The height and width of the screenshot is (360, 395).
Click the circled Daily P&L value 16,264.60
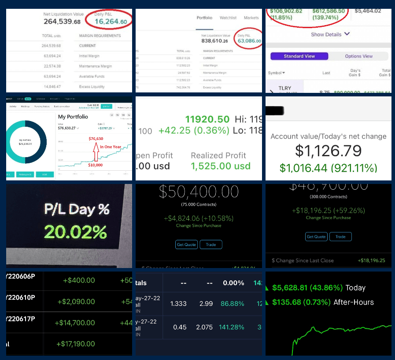pyautogui.click(x=111, y=22)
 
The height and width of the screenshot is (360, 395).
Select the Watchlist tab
pyautogui.click(x=228, y=18)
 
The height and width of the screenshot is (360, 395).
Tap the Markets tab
pyautogui.click(x=251, y=18)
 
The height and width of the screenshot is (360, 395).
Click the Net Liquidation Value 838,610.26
pyautogui.click(x=215, y=41)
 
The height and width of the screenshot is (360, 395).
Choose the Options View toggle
pyautogui.click(x=359, y=56)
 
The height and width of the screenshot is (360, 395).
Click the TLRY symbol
pyautogui.click(x=285, y=88)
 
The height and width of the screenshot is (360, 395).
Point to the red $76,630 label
pyautogui.click(x=96, y=139)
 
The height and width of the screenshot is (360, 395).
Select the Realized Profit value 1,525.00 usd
pyautogui.click(x=220, y=166)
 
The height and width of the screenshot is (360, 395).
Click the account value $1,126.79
pyautogui.click(x=328, y=151)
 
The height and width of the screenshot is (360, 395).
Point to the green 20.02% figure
pyautogui.click(x=75, y=231)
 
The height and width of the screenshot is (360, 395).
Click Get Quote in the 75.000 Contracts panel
pyautogui.click(x=186, y=245)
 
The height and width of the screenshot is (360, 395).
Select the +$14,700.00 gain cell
pyautogui.click(x=75, y=323)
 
